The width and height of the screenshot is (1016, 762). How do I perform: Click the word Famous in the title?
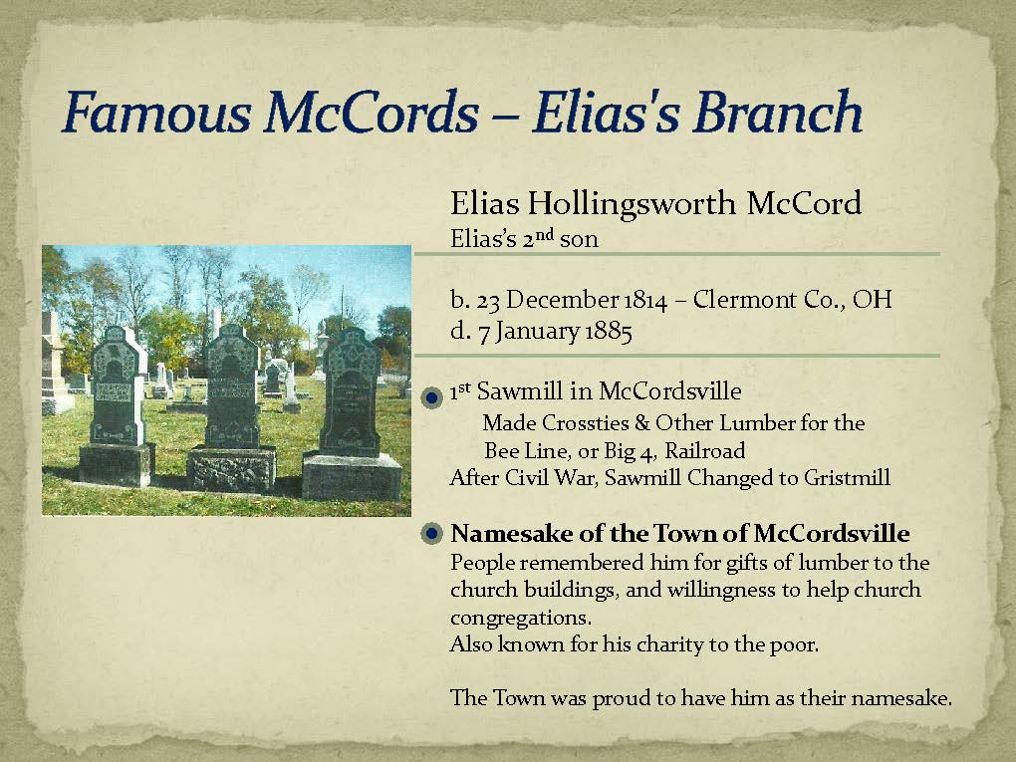point(156,112)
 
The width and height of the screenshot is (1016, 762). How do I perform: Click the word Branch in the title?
point(778,112)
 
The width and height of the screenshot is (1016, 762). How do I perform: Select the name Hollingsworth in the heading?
point(631,204)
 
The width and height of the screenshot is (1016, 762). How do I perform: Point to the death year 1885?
point(609,332)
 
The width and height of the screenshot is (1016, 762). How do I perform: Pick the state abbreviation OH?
point(873,299)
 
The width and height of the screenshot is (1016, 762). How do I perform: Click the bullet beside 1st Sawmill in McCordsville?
point(431,396)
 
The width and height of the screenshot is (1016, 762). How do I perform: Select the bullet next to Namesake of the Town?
point(431,534)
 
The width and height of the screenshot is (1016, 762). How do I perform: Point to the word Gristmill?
point(847,477)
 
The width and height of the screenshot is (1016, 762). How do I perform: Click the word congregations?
point(520,618)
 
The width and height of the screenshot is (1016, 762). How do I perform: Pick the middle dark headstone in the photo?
point(231,408)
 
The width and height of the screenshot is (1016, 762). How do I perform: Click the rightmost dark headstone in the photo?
point(352,413)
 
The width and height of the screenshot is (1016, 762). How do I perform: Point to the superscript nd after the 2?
point(545,234)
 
